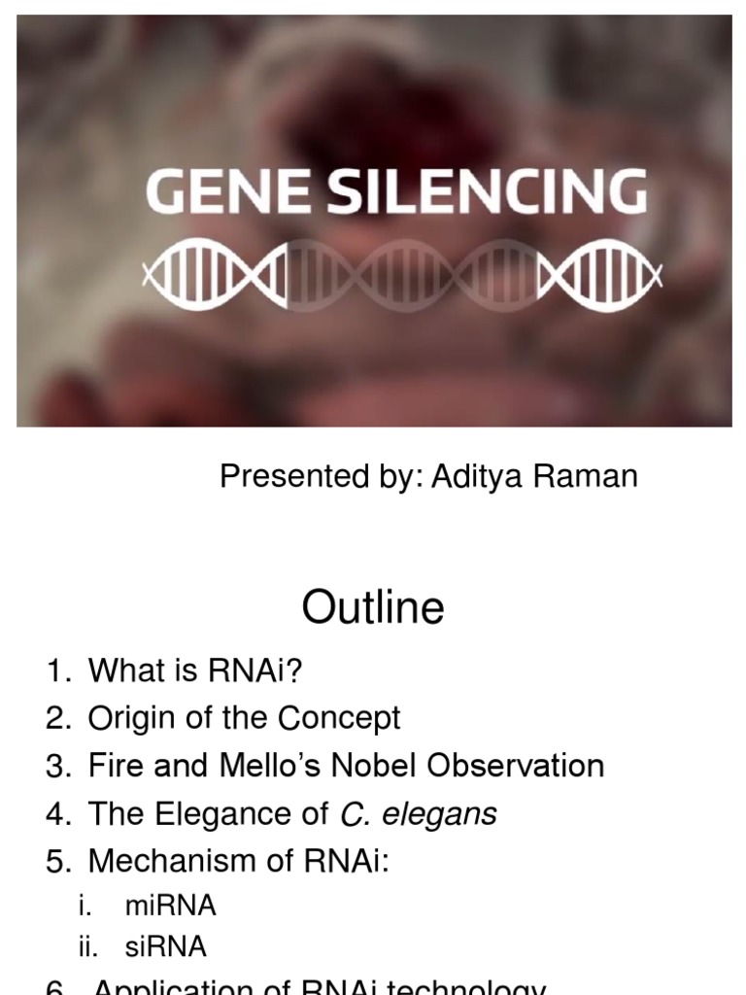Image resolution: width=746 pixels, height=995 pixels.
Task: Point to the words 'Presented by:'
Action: pos(321,477)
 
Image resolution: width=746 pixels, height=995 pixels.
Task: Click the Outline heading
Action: pos(373,608)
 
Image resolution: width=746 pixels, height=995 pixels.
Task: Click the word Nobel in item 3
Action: pos(375,766)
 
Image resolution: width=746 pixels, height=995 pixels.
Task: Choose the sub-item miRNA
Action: pos(170,907)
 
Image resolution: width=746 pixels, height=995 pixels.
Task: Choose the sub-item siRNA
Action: pos(166,947)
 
